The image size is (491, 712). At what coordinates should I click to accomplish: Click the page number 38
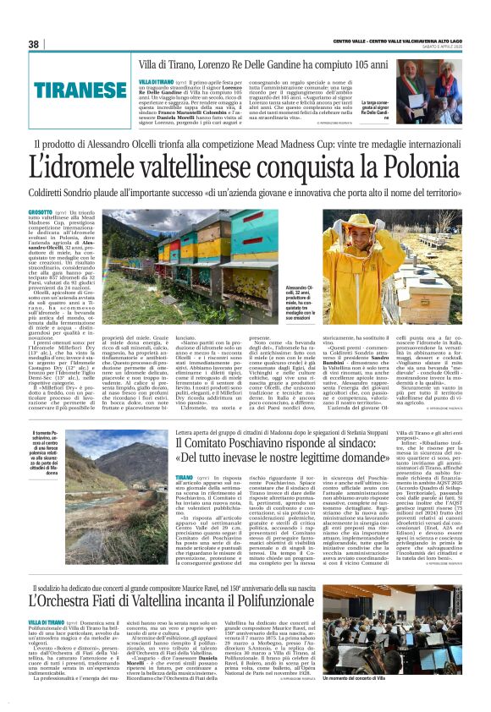pyautogui.click(x=34, y=44)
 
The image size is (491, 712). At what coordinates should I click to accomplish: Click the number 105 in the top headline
pyautogui.click(x=334, y=64)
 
